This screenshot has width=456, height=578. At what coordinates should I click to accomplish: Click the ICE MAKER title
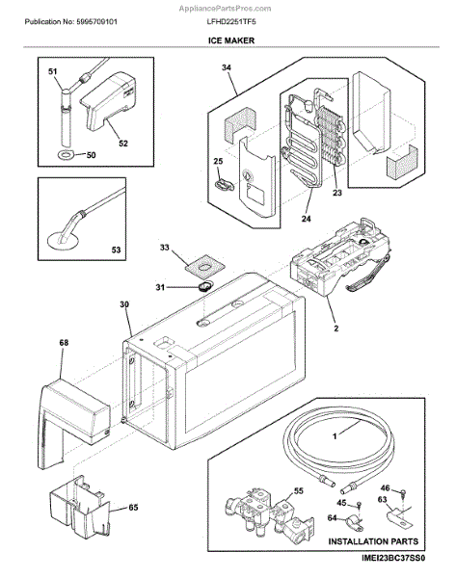(x=231, y=40)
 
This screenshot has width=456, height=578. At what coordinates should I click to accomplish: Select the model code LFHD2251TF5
(x=231, y=22)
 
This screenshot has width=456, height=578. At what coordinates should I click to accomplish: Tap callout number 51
(x=53, y=71)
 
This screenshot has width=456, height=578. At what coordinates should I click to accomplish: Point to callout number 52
(x=123, y=144)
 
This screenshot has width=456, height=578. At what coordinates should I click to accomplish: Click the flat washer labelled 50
(x=67, y=155)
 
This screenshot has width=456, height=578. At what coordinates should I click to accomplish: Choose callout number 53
(x=116, y=250)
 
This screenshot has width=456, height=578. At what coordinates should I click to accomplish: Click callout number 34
(x=227, y=67)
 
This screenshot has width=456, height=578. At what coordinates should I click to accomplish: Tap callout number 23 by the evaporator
(x=337, y=193)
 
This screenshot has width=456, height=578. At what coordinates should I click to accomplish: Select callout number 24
(x=307, y=219)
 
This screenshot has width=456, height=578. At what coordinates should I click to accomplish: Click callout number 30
(x=124, y=304)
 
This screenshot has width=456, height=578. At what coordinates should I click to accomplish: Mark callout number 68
(x=64, y=342)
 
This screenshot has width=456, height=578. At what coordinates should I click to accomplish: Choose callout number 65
(x=133, y=508)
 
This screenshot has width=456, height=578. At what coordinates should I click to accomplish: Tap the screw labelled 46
(x=403, y=493)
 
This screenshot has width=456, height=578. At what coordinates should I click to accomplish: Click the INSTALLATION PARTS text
(x=373, y=541)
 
